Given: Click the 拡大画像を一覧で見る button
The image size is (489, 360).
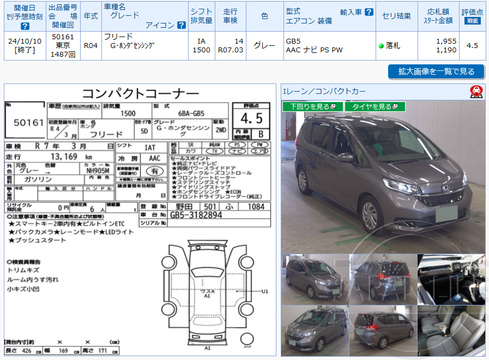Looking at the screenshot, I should coord(436,71).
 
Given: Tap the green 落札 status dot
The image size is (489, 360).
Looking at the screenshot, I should coord(381,46).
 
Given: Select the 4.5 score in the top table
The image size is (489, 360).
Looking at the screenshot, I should coord(472,46).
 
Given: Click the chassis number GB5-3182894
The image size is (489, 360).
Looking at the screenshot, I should coord(196,215).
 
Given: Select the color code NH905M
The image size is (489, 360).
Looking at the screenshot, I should coord(98,170).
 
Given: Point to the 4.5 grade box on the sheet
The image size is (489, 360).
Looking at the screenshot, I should coord(251,118).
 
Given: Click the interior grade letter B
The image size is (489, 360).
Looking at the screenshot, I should coord(261,134).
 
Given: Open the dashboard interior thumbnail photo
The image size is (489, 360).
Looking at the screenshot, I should coord(451,279).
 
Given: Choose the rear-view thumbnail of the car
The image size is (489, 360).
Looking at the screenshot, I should coord(383,279).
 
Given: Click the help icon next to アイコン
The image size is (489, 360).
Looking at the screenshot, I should coord(182,25).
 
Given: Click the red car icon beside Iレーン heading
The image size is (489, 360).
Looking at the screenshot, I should coord(476,92).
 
